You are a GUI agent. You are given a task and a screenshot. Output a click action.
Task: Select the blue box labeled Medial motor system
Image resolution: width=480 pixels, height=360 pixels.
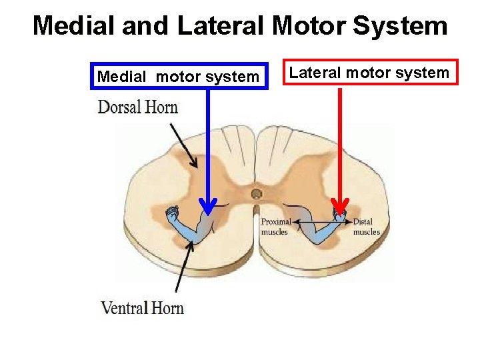[x=178, y=77]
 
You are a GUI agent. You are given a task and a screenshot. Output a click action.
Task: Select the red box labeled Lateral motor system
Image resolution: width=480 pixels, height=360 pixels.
[x=369, y=73]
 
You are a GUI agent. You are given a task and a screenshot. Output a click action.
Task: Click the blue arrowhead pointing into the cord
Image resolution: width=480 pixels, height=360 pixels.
[x=209, y=206]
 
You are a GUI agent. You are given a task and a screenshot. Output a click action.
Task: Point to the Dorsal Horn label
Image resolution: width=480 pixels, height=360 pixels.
[x=138, y=107]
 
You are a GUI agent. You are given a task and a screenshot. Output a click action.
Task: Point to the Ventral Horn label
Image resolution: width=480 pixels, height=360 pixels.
[x=142, y=307]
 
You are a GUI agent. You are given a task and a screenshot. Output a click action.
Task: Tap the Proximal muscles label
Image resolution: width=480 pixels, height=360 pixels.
[x=275, y=227]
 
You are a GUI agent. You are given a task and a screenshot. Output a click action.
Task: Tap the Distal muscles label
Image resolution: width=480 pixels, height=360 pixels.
[x=366, y=227]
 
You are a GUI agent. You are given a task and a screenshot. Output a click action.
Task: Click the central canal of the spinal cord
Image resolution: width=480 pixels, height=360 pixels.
[x=256, y=194]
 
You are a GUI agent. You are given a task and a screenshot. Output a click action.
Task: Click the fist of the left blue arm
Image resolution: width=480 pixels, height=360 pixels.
[x=173, y=215]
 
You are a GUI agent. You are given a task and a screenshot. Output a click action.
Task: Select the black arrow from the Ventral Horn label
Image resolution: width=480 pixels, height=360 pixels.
[x=185, y=267]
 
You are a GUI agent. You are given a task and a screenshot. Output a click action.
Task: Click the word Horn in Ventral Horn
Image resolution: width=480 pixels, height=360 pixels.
[x=167, y=307]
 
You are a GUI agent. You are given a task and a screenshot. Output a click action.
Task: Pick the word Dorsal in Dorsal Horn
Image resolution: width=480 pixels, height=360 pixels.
[x=119, y=107]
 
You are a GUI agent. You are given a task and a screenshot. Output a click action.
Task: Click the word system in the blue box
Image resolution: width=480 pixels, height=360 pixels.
[x=234, y=77]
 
